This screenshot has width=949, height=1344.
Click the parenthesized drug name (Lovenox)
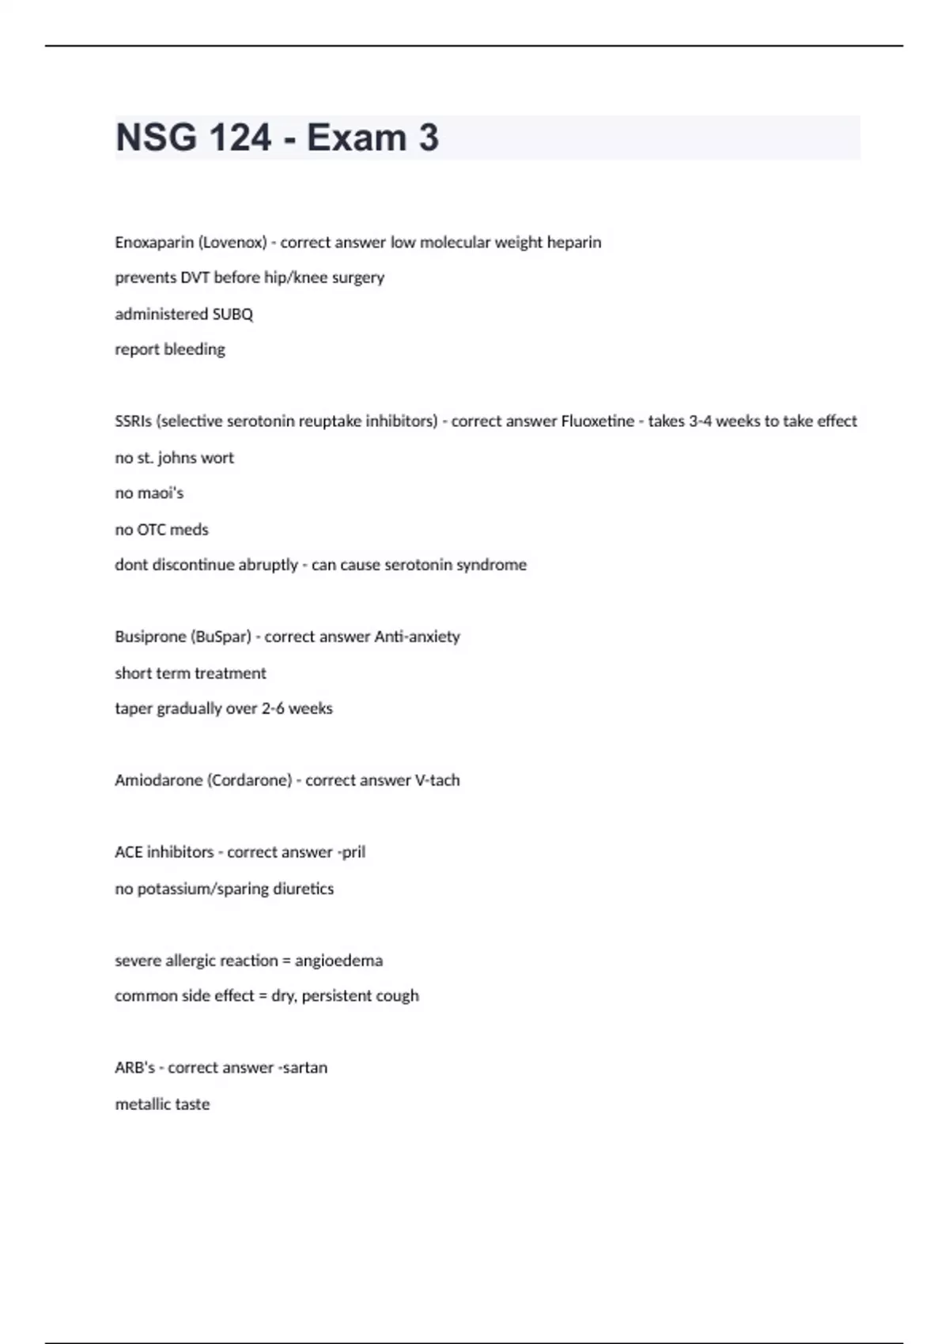(233, 242)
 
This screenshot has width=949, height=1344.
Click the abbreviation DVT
(195, 277)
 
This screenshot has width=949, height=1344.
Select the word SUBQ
(233, 314)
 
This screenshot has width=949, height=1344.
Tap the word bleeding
(195, 349)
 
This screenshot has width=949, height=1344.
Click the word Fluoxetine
(597, 421)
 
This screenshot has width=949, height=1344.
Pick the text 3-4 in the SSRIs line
(700, 421)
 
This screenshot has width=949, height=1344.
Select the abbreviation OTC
(151, 530)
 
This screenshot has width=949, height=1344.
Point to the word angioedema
(338, 961)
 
